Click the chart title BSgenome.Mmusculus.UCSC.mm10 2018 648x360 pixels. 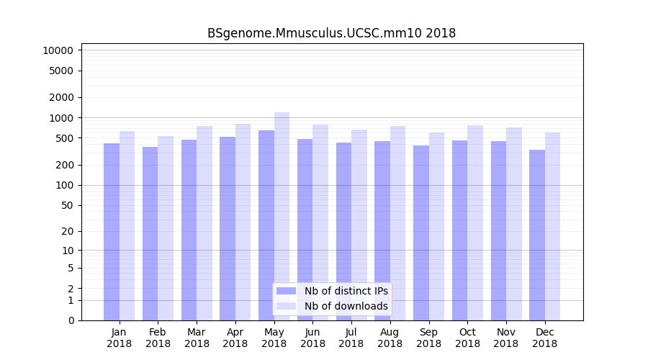[331, 33]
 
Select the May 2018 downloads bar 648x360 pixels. [282, 216]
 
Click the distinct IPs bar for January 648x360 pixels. [112, 231]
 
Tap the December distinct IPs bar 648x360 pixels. [537, 235]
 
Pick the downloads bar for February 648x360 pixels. [166, 228]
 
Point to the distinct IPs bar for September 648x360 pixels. [421, 233]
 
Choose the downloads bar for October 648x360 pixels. [474, 222]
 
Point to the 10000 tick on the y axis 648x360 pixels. [58, 50]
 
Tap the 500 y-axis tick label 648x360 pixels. [63, 138]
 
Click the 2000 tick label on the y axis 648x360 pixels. [60, 97]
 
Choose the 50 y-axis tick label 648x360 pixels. [66, 205]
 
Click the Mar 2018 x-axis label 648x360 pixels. [197, 338]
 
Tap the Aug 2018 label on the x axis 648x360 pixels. [390, 338]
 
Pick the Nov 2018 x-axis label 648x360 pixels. [505, 338]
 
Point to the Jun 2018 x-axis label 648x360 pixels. [312, 338]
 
